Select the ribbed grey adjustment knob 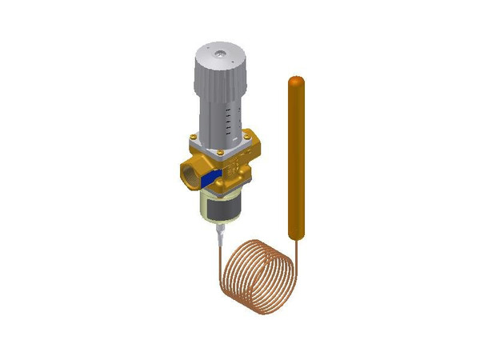pos(218,70)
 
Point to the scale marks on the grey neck pos(231,121)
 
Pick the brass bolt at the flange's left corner pos(195,140)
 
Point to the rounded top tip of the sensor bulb pos(295,81)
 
